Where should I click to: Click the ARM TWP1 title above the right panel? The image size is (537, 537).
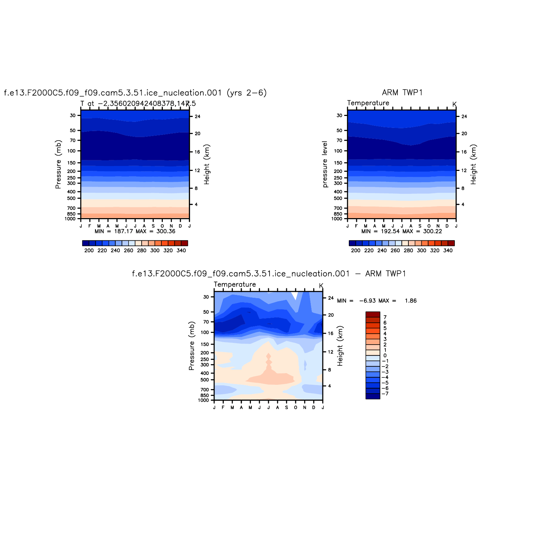pos(402,93)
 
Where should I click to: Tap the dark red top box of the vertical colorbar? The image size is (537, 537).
pos(373,314)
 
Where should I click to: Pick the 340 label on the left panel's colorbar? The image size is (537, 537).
pos(181,251)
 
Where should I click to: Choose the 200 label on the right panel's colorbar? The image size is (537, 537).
pos(356,251)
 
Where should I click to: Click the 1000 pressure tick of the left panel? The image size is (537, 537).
pos(70,219)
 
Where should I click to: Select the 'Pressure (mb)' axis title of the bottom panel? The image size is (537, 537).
pos(192,346)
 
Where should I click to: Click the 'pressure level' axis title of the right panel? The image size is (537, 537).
pos(325,164)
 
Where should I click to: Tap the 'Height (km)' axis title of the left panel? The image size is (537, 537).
pos(207,164)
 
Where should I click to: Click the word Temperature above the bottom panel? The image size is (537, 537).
pos(235,284)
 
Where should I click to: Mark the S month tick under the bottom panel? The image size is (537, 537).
pos(286,407)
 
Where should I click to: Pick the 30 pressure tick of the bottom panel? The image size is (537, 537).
pos(206,297)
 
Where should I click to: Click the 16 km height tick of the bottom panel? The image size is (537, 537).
pos(331,333)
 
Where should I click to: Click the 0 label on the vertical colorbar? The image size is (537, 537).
pos(385,356)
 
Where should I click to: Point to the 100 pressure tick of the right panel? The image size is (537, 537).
pos(338,151)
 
